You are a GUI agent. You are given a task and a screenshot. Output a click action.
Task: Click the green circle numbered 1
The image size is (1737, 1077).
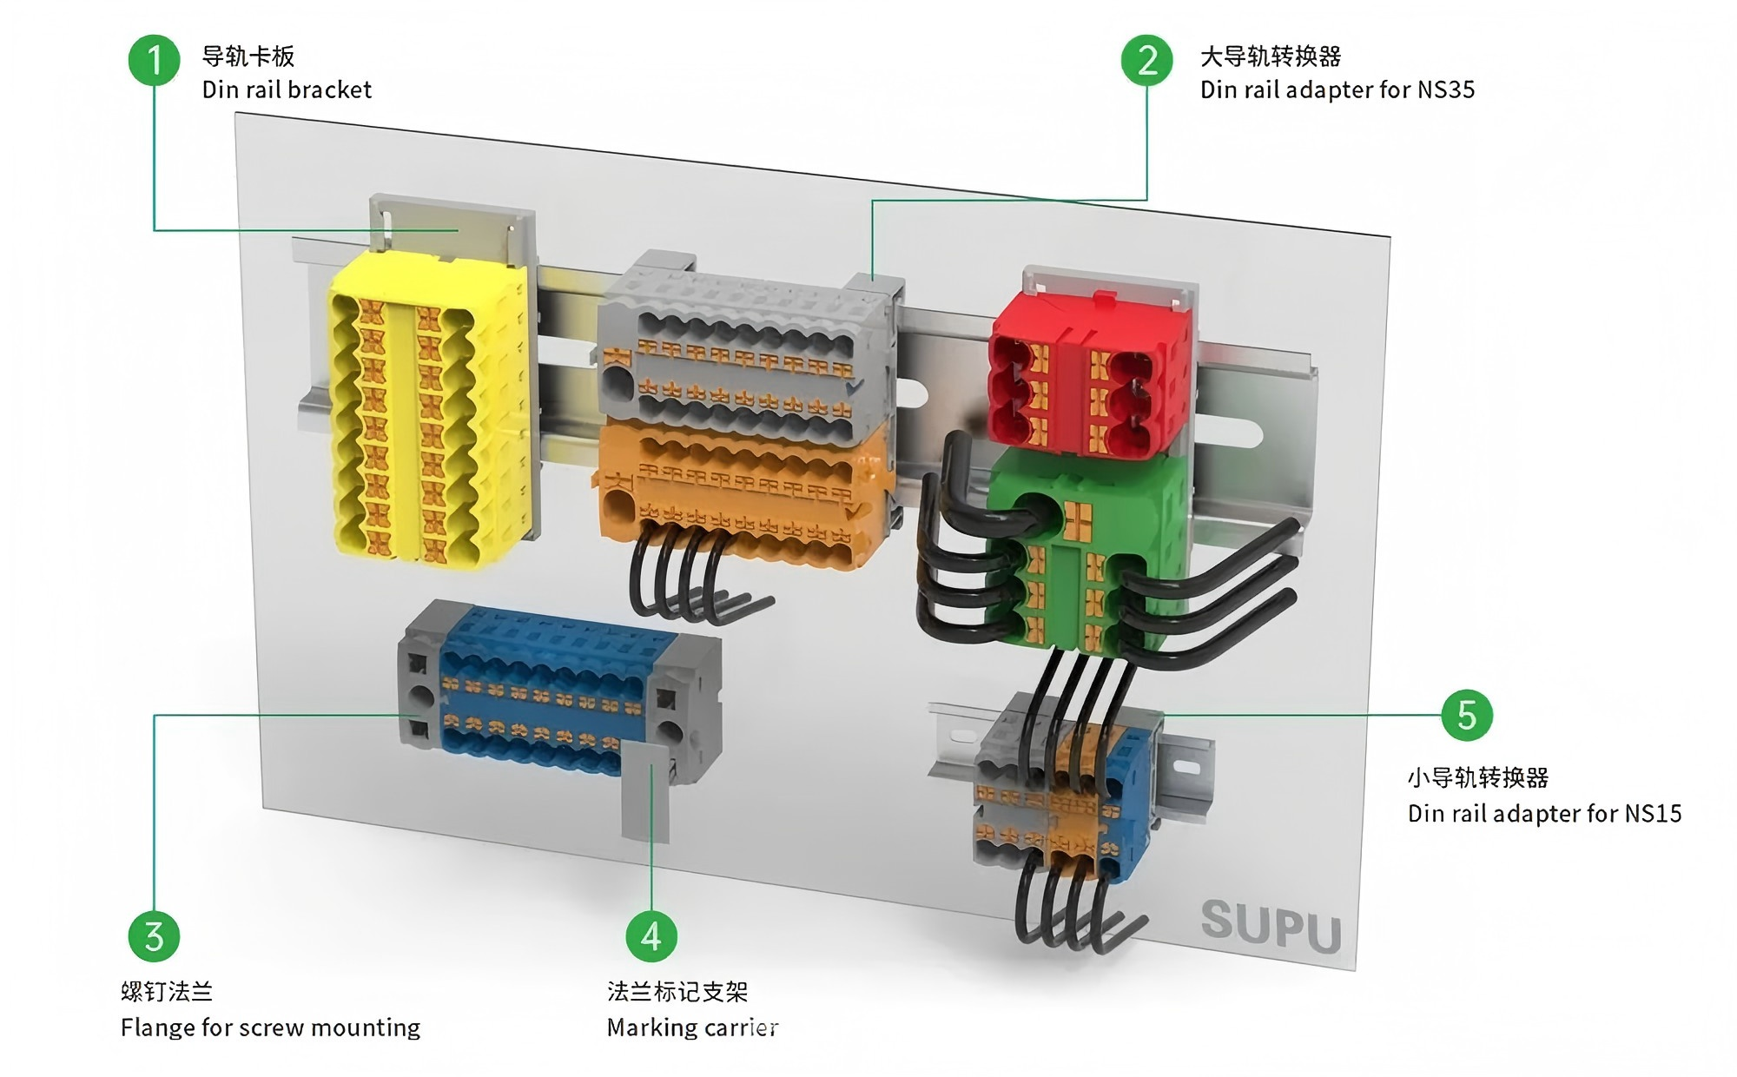155,60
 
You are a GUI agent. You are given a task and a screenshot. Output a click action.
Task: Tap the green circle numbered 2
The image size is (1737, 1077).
1146,60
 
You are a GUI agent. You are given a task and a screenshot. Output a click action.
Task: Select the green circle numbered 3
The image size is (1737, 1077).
155,936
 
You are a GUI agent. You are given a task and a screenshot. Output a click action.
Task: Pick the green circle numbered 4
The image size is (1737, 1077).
651,936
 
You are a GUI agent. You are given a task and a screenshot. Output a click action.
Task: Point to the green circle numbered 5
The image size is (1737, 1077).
1467,716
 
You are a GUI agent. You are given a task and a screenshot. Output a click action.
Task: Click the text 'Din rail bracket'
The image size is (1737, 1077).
287,89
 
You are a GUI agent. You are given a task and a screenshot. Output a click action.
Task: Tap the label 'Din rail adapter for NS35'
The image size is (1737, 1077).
1337,89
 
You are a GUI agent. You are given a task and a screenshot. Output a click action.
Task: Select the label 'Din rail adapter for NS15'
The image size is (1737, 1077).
1545,813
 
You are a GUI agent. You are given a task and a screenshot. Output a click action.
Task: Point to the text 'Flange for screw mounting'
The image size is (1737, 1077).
270,1027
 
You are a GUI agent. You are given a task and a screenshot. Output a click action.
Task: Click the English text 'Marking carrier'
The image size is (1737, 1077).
692,1027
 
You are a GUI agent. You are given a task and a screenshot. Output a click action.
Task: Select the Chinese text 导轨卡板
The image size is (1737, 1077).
248,56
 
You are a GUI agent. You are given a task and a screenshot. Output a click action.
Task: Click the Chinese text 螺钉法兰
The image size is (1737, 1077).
167,991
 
